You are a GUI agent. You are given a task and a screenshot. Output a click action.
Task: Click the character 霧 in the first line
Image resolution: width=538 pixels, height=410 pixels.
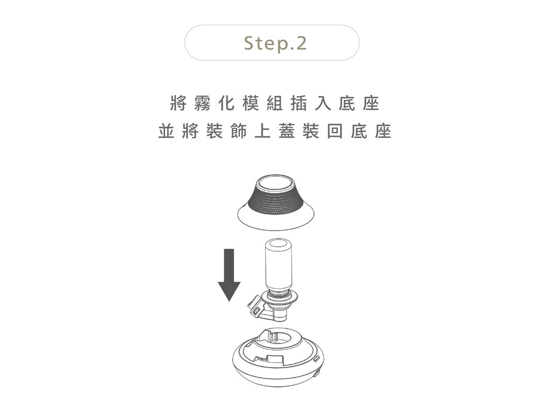click(202, 104)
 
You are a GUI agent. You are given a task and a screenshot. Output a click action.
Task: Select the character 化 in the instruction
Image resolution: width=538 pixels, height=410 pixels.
click(226, 104)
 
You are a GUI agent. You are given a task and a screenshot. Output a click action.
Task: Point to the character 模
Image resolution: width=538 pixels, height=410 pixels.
click(251, 104)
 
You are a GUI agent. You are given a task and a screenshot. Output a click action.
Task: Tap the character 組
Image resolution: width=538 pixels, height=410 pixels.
click(274, 104)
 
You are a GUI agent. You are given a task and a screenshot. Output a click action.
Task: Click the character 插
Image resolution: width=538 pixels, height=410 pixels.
click(299, 104)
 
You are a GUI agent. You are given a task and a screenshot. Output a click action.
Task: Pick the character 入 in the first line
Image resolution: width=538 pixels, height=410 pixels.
click(323, 104)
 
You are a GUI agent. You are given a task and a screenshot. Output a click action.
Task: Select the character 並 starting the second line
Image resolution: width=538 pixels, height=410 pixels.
click(166, 131)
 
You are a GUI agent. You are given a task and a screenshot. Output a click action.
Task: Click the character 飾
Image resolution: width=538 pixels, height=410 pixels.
click(238, 131)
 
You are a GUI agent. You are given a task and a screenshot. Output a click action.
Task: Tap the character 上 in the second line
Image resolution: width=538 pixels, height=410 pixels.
click(263, 131)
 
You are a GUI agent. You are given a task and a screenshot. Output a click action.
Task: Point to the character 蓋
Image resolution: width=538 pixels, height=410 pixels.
click(287, 131)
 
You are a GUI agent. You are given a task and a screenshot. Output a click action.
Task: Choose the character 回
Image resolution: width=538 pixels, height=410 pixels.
click(335, 131)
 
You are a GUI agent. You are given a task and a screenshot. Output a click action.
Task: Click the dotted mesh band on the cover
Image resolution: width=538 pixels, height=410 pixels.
click(275, 202)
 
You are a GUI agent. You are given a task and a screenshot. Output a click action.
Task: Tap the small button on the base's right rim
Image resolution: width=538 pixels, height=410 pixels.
click(316, 359)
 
